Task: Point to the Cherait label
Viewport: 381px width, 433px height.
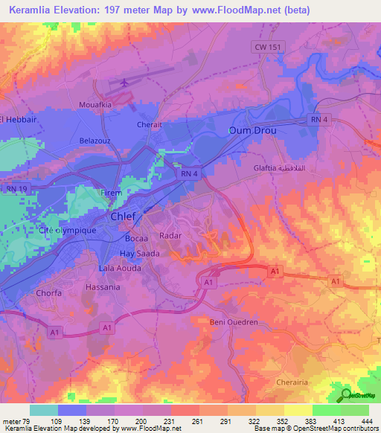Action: (x=149, y=125)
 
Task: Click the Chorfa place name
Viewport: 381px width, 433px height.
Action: (x=49, y=293)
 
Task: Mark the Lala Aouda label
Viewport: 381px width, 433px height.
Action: (x=120, y=268)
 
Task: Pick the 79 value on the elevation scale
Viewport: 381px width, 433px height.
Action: (x=22, y=421)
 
